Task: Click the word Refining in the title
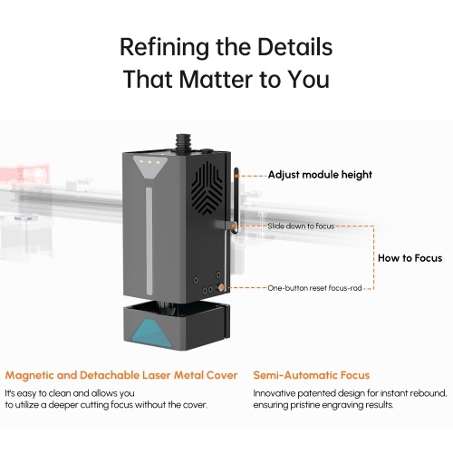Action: (x=164, y=48)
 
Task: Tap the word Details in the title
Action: (x=294, y=47)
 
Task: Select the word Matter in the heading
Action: (x=217, y=79)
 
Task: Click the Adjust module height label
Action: (x=320, y=175)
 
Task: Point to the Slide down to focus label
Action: (x=301, y=226)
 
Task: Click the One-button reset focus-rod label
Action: (x=314, y=288)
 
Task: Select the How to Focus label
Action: (x=410, y=258)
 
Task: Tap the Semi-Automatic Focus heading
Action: (x=312, y=375)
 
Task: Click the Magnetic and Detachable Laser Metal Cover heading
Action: (x=121, y=375)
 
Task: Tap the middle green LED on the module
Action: (x=149, y=162)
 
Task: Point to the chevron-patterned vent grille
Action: (x=207, y=188)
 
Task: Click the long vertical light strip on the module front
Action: (x=149, y=241)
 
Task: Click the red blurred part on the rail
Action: (x=24, y=174)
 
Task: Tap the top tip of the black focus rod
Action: (x=236, y=169)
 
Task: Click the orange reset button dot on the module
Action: (x=221, y=287)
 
